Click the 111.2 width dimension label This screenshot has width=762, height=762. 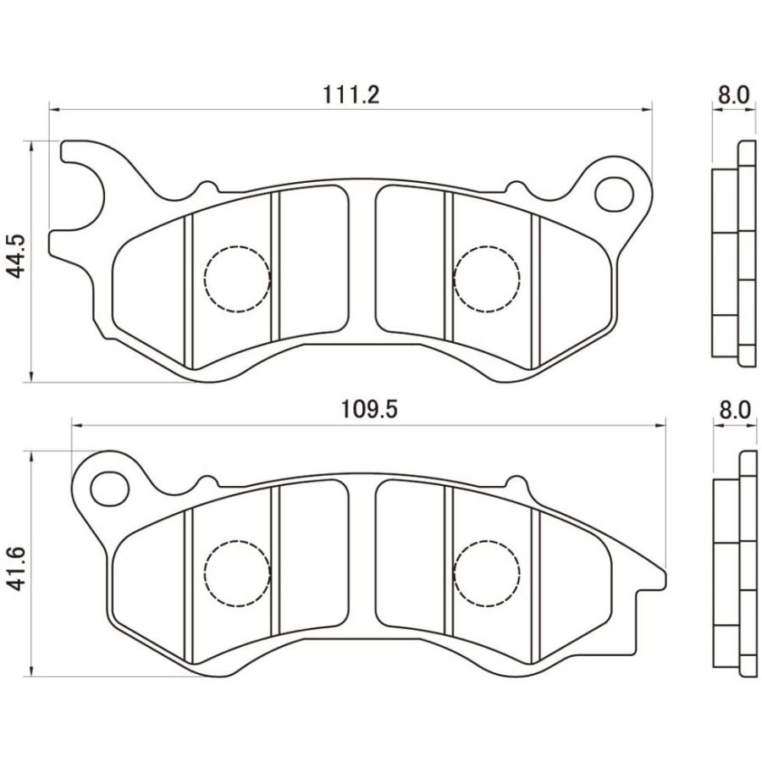(351, 94)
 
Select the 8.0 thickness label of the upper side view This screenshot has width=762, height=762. (733, 94)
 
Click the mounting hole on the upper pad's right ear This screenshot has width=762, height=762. (614, 194)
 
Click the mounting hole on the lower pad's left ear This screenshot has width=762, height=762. (108, 489)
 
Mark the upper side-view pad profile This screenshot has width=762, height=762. (733, 254)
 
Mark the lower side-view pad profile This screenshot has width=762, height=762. (733, 564)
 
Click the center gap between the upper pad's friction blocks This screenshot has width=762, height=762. (362, 262)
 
